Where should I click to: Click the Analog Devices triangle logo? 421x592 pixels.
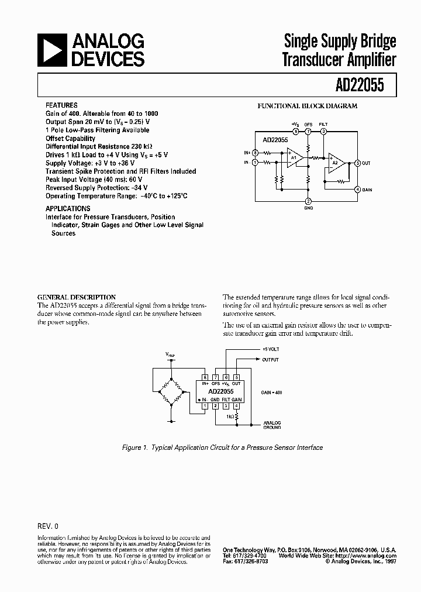coord(51,50)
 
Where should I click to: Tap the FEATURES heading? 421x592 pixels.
coord(61,105)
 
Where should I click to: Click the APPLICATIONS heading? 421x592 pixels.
coord(68,208)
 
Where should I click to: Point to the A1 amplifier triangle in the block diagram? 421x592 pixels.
coord(294,157)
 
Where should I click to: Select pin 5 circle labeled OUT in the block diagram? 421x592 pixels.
coord(358,163)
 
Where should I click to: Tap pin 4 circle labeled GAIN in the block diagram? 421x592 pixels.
coord(358,190)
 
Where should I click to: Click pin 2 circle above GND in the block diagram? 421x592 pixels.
coord(309,201)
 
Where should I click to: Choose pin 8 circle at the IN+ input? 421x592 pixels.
coord(256,152)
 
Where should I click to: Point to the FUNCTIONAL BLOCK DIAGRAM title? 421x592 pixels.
coord(308,106)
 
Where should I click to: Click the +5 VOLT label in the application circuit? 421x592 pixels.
coord(271,349)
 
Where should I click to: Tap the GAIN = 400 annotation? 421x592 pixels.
coord(271,393)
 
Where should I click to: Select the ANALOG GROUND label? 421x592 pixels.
coord(272,425)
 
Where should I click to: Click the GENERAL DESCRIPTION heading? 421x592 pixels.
coord(77,297)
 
